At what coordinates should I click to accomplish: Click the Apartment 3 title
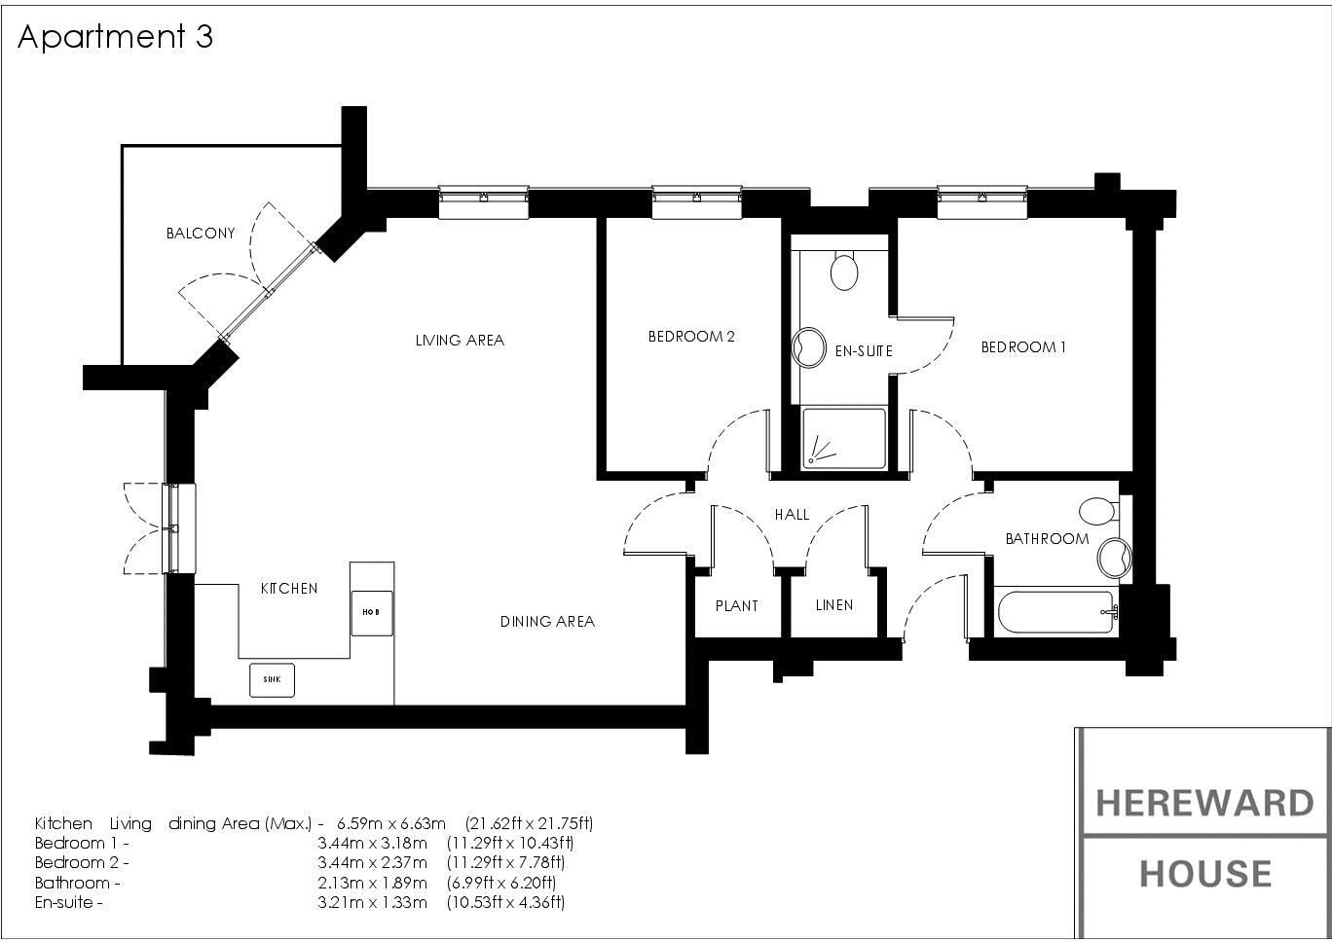[115, 37]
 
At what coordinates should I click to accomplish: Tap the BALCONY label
[201, 234]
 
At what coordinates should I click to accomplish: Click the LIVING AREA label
[460, 341]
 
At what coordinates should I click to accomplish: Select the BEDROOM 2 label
[691, 337]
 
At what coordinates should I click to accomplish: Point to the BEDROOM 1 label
[1023, 346]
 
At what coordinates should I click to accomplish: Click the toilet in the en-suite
[844, 271]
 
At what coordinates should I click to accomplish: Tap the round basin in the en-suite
[809, 348]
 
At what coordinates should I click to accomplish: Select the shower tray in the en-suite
[843, 438]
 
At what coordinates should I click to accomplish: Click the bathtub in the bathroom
[1056, 612]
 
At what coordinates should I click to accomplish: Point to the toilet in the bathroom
[1099, 511]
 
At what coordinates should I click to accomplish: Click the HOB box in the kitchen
[372, 613]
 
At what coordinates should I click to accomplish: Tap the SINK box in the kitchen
[272, 679]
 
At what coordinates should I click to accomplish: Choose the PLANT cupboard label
[737, 606]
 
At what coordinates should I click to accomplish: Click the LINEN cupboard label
[834, 605]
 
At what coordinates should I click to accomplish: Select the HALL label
[792, 514]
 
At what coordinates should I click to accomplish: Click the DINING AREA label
[547, 622]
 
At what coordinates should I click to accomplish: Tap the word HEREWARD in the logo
[1204, 804]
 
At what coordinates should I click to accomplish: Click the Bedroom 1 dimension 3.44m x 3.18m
[372, 843]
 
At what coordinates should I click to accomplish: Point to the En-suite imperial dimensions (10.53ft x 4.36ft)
[505, 902]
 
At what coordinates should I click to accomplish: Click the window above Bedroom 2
[697, 202]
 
